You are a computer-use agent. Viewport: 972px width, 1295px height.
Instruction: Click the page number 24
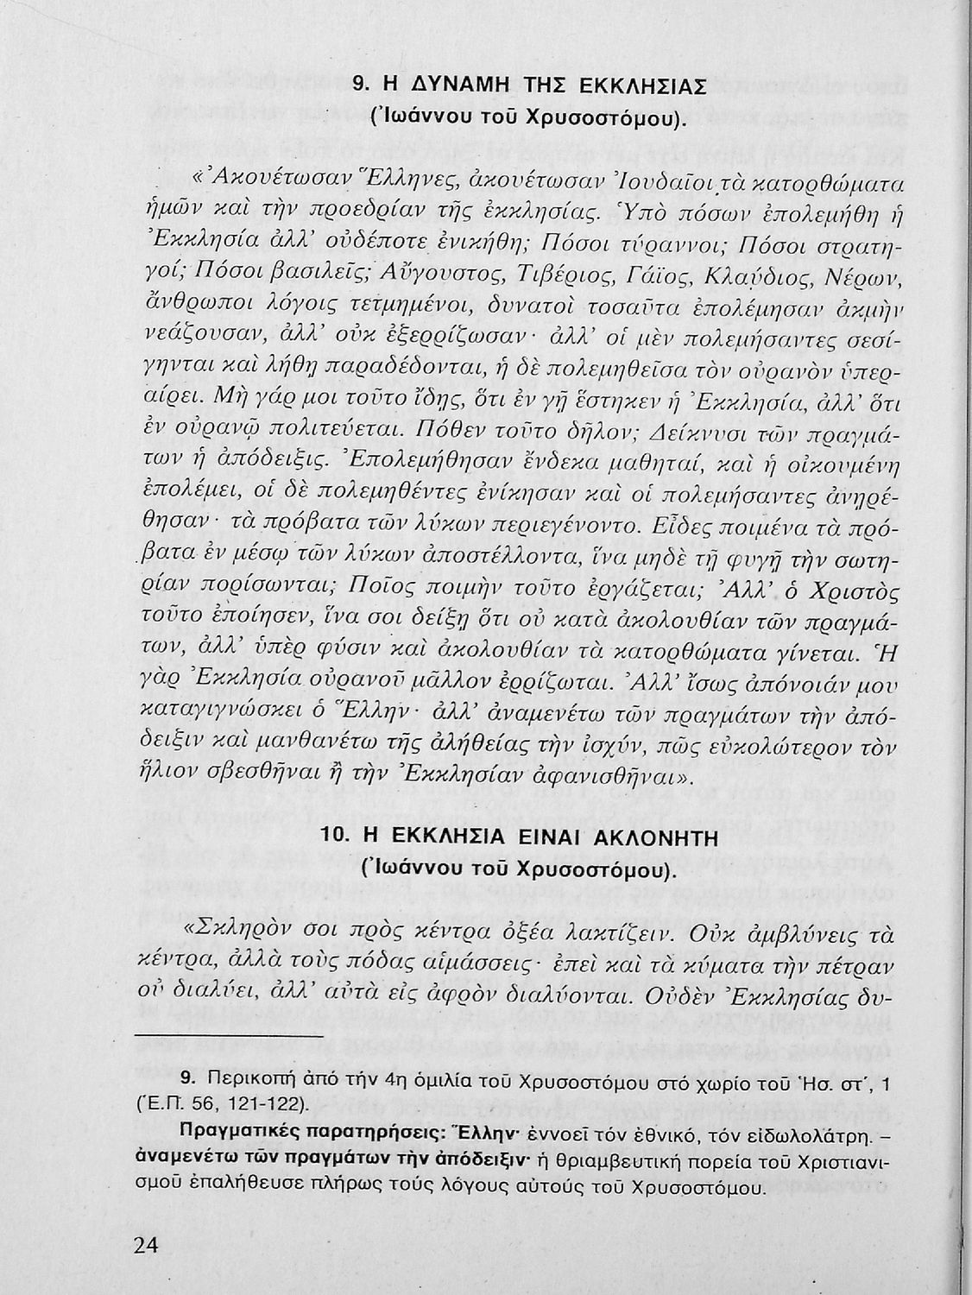[148, 1246]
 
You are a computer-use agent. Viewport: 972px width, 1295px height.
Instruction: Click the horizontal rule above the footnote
[229, 1034]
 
